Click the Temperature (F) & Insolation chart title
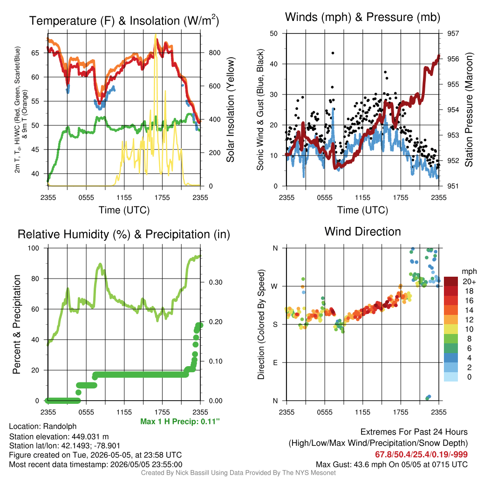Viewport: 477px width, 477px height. pos(124,20)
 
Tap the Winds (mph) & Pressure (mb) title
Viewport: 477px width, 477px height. pos(362,17)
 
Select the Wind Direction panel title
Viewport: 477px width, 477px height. pos(362,232)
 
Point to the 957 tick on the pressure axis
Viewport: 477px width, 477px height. pos(453,34)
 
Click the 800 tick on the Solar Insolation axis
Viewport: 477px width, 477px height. pos(214,53)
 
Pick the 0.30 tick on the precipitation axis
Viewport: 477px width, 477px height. pos(216,282)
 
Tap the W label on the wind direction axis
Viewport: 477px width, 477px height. pos(274,286)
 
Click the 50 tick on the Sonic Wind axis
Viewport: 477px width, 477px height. pos(274,34)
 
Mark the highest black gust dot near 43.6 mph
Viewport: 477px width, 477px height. pos(333,53)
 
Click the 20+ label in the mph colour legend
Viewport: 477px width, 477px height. pos(469,282)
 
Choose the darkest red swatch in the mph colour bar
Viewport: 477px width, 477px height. pos(451,281)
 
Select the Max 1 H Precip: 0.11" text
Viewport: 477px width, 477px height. pos(180,421)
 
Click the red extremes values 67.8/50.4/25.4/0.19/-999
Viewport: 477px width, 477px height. pos(421,454)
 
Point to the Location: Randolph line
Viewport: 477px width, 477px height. pos(42,426)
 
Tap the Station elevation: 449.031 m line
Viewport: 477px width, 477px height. pos(59,436)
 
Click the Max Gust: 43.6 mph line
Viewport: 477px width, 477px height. pos(392,464)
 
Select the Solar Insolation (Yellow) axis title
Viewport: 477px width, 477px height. pos(231,109)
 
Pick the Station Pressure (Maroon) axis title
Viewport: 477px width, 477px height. pos(469,109)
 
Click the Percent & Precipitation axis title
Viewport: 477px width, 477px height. pos(17,324)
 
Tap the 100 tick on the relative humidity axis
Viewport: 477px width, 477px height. pos(34,248)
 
